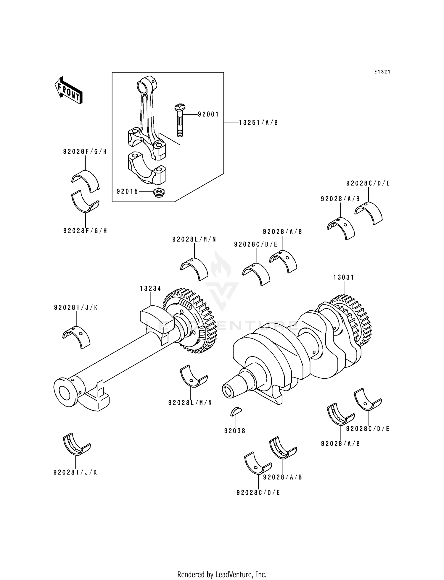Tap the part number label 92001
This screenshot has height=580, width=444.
tap(208, 114)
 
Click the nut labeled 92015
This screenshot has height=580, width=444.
tap(160, 192)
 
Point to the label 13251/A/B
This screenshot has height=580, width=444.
tap(258, 123)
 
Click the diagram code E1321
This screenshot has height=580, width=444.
tap(382, 72)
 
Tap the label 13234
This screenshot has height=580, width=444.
tap(151, 289)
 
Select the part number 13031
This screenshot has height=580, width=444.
tap(344, 277)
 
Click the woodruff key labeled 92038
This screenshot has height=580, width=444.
tap(236, 411)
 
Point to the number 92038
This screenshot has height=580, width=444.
tap(235, 431)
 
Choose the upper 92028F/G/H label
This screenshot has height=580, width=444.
tap(85, 152)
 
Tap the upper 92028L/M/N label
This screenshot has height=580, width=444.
tap(194, 239)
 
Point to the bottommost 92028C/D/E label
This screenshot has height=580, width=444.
tap(258, 492)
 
